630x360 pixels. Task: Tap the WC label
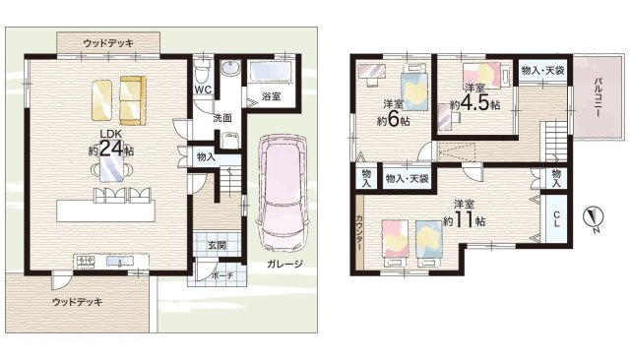[x=204, y=90]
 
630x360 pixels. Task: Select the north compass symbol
[x=593, y=217]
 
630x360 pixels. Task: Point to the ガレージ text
[x=284, y=264]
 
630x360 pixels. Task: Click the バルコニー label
[x=598, y=96]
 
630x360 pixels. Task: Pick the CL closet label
[x=556, y=219]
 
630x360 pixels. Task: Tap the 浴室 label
[x=272, y=96]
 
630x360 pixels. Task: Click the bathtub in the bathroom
[x=271, y=72]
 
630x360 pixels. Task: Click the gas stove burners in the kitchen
[x=86, y=262]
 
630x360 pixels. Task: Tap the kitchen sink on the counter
[x=119, y=262]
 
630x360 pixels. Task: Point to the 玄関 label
[x=217, y=245]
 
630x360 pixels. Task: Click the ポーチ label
[x=221, y=275]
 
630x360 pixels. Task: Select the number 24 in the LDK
[x=111, y=149]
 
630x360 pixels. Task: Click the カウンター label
[x=358, y=233]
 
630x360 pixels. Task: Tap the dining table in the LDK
[x=111, y=168]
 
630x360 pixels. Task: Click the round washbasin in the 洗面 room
[x=229, y=68]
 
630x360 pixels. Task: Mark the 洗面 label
[x=222, y=118]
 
